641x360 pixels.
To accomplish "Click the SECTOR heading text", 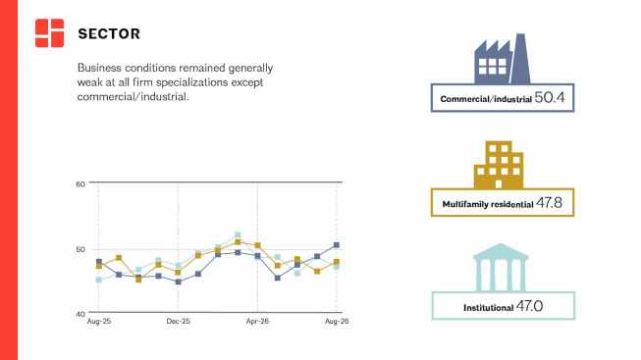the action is pos(109,33).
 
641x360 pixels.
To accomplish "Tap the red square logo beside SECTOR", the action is pos(49,33).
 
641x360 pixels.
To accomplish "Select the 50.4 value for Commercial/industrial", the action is pos(550,98).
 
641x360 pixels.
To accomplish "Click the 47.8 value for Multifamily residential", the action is pos(549,203).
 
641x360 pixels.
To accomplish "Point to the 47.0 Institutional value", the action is pos(529,306).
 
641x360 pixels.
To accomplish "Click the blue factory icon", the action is pos(503,59).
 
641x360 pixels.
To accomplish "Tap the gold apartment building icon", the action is pos(499,165).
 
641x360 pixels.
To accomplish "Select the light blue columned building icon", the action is pos(501,268).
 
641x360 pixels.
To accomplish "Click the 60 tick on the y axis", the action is pos(80,184).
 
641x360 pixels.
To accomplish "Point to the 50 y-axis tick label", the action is pos(80,249).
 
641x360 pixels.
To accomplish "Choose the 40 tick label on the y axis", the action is pos(80,314).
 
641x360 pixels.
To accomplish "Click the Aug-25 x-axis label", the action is pos(99,321).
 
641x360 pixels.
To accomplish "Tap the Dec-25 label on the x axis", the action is pos(179,321).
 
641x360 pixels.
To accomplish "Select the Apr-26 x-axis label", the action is pos(257,321).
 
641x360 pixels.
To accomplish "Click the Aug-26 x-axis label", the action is pos(337,321).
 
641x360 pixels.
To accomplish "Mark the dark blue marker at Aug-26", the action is pos(337,245).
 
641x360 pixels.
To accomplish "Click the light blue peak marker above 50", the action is pos(238,235).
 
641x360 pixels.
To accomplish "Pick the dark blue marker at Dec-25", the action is pos(179,282).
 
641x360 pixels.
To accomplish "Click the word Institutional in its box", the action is pos(488,308).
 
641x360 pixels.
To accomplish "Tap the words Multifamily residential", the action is pos(488,204).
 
